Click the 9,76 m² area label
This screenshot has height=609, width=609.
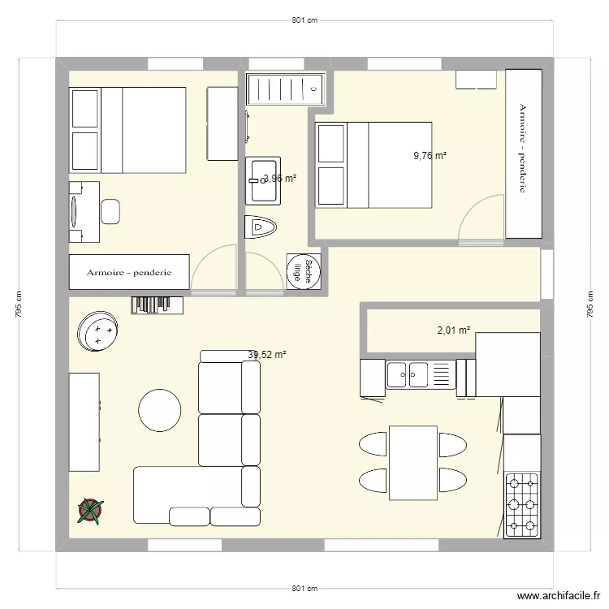tap(430, 155)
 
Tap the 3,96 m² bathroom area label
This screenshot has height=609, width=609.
tap(273, 179)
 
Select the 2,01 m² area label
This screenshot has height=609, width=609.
tap(454, 330)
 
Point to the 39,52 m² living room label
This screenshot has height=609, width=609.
tap(267, 355)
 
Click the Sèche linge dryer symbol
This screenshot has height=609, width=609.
tap(304, 270)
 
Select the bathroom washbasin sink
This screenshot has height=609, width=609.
tap(262, 181)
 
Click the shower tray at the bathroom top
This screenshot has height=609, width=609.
tap(284, 89)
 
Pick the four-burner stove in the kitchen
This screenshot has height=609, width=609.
tap(522, 505)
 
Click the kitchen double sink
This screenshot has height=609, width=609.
tap(408, 374)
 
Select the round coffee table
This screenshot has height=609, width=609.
tap(159, 410)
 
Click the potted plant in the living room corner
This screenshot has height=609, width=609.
tap(90, 510)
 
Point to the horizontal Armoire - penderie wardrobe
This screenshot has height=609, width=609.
tap(129, 273)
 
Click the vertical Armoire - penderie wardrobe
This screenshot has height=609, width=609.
tap(523, 154)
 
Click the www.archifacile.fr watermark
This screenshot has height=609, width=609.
tap(555, 594)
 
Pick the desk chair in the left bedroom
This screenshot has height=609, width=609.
tap(111, 211)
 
